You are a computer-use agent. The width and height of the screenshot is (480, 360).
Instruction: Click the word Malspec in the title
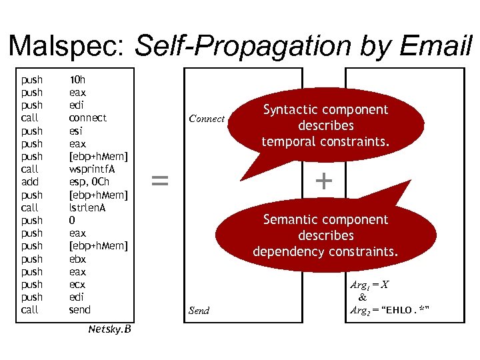click(x=67, y=45)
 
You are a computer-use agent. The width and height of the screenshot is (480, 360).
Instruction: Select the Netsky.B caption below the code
click(x=109, y=329)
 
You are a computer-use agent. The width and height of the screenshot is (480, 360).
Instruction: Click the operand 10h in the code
click(x=77, y=79)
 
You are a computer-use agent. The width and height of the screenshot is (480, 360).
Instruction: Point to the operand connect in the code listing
click(x=87, y=118)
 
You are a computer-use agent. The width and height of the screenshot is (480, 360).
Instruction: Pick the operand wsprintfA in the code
click(x=92, y=169)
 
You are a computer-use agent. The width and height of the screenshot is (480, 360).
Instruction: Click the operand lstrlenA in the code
click(x=87, y=207)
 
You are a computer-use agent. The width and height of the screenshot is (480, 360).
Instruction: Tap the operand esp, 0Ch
click(x=89, y=181)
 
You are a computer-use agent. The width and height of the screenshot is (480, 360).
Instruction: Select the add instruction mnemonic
click(x=30, y=181)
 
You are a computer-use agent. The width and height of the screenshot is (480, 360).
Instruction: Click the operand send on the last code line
click(x=80, y=310)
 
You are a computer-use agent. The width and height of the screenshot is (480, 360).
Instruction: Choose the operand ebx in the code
click(x=77, y=259)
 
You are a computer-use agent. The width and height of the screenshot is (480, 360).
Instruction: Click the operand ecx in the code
click(x=77, y=284)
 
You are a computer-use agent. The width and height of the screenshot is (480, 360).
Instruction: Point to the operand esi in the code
click(x=76, y=131)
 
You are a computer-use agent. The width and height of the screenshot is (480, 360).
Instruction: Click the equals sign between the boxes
click(x=159, y=180)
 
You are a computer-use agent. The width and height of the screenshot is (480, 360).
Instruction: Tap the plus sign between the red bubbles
click(x=323, y=180)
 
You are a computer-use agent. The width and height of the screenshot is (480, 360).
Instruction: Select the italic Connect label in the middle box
click(x=207, y=119)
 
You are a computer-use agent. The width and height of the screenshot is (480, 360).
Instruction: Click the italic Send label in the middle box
click(x=199, y=311)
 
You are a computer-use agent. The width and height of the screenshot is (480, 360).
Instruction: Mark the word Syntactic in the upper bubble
click(x=291, y=109)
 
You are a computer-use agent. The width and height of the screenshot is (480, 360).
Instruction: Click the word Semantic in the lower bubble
click(x=291, y=219)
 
